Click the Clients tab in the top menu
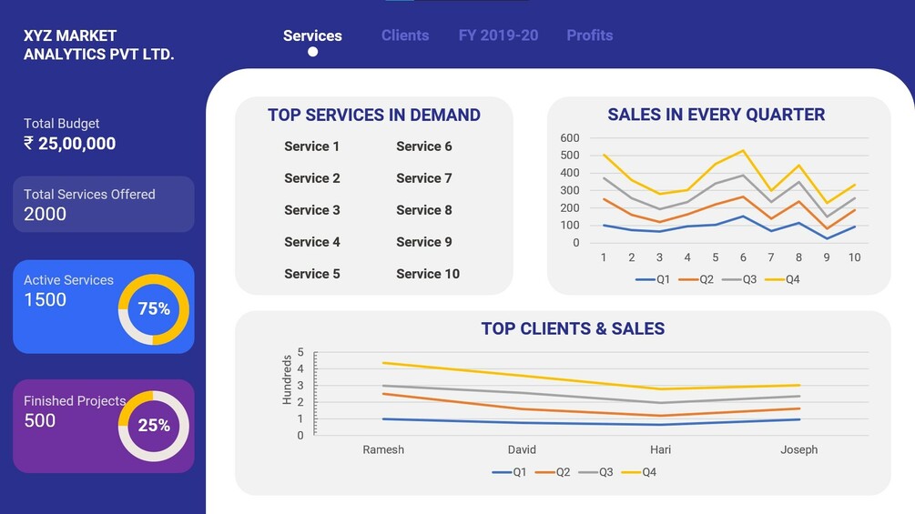(x=405, y=35)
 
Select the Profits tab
(x=589, y=35)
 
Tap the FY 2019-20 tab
(x=498, y=35)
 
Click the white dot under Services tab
(x=312, y=52)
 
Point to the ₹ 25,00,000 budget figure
(x=70, y=144)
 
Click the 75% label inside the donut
(x=154, y=309)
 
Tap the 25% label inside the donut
(x=154, y=425)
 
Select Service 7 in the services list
(x=423, y=178)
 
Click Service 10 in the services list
(x=427, y=274)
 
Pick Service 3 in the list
(x=311, y=210)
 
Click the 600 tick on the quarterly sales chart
(x=570, y=138)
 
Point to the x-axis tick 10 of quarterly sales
(x=854, y=258)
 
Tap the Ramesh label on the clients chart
(x=383, y=449)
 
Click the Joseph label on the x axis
(x=798, y=449)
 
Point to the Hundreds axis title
(x=288, y=379)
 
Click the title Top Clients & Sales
(x=573, y=329)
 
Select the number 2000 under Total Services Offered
(x=46, y=214)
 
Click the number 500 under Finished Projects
(x=40, y=420)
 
